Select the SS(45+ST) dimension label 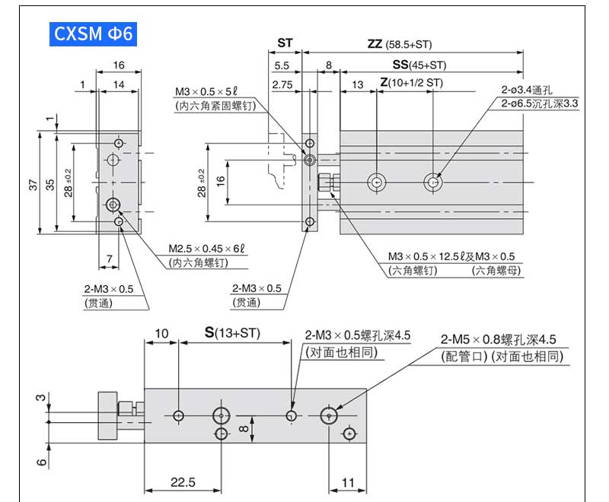419,65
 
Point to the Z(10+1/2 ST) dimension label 411,83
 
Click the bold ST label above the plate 285,43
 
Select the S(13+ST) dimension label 232,333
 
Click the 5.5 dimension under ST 282,65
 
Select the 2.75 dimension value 283,84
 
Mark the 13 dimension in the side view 358,84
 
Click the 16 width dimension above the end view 119,65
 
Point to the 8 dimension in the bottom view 243,430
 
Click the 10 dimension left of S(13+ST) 161,333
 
